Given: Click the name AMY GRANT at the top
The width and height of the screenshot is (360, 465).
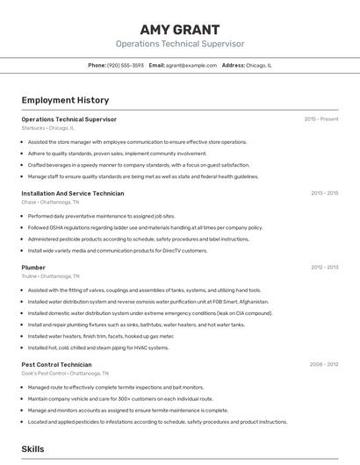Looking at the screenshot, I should coord(180,29).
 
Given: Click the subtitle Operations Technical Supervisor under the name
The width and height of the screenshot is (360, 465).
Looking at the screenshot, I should coord(180,43).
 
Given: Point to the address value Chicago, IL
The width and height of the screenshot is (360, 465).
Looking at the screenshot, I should coord(259,65).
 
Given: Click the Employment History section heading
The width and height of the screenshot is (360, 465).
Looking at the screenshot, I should coord(65,100).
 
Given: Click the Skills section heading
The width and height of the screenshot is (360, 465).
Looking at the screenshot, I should coord(33,448).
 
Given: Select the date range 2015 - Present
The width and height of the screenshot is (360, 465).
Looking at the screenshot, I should coord(320,118).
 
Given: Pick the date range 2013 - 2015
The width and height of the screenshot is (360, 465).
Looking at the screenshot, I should coord(324,193).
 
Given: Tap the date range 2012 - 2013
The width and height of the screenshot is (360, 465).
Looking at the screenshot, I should coord(324,267).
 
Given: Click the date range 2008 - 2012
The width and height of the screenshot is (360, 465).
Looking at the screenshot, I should coord(324,364).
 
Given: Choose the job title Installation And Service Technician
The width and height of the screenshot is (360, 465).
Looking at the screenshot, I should coord(73,193).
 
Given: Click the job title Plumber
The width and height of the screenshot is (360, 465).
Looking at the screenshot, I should coord(33,267).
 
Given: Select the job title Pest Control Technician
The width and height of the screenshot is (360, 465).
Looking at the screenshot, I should coord(56,364).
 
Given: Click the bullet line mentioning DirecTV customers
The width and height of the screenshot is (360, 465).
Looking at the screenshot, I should coord(118,250).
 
